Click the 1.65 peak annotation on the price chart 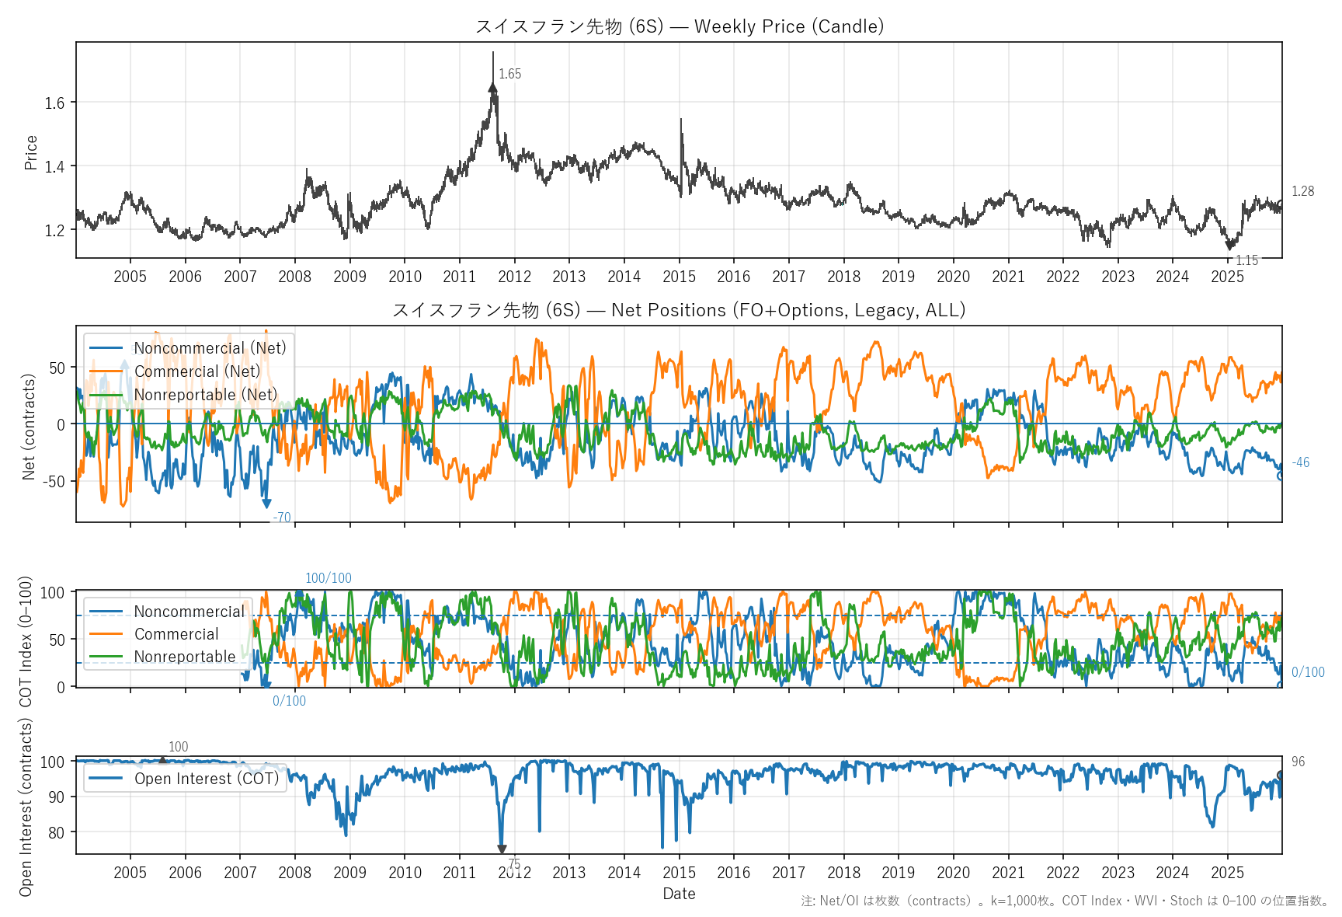(509, 74)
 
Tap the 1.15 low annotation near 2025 (1246, 260)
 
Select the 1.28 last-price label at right (1302, 191)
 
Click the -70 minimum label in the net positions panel (282, 518)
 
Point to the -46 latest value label (1300, 462)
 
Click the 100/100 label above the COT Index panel (328, 578)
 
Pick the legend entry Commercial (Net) (196, 371)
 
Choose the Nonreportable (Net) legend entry (205, 395)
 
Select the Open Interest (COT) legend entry (206, 779)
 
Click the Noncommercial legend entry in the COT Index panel (189, 612)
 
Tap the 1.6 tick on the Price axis (54, 103)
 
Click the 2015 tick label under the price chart (679, 277)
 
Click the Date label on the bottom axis (679, 894)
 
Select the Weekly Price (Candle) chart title (679, 26)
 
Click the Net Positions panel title (679, 310)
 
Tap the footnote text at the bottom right (1065, 901)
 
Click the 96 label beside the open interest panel (1299, 762)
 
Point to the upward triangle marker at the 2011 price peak (492, 88)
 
